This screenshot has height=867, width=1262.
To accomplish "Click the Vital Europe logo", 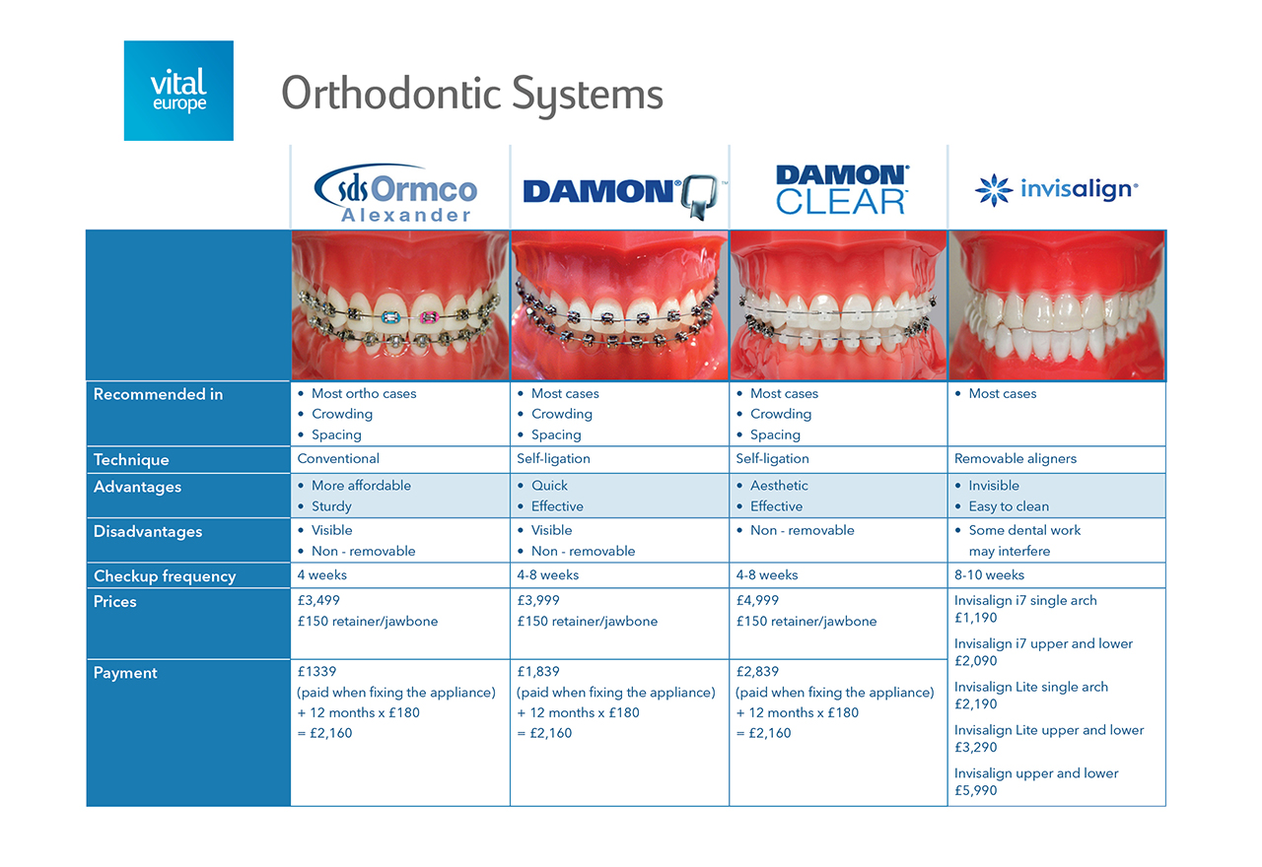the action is point(178,91).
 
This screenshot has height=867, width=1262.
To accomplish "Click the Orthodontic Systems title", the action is point(472,94).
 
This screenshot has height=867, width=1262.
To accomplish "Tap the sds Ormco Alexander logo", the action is point(396,193).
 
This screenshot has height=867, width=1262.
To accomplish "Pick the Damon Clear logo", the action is point(842,190).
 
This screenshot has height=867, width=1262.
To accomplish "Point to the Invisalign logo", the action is point(1056,190).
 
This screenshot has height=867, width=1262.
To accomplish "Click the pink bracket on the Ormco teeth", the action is point(429,317).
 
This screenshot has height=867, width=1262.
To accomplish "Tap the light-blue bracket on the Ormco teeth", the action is point(389,317).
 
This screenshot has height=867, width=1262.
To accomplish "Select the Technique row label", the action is point(131,460).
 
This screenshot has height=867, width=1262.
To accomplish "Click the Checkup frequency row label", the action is point(165,576).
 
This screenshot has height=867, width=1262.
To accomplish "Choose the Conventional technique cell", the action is point(338,459).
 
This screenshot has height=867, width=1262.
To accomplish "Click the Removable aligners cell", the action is point(1016,459).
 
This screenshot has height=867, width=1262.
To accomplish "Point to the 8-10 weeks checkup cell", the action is point(989,574).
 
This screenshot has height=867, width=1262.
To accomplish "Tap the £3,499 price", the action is point(318,600).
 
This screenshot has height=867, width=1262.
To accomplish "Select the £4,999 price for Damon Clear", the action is point(757,600).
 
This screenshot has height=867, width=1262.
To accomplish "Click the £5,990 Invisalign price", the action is point(976,790).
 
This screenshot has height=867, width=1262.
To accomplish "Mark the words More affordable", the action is point(361,486).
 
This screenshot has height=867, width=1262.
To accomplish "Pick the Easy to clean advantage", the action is point(1009,506).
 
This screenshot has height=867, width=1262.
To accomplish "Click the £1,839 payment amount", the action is point(538,671).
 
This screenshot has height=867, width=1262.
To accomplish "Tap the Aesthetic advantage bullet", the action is point(779,486).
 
